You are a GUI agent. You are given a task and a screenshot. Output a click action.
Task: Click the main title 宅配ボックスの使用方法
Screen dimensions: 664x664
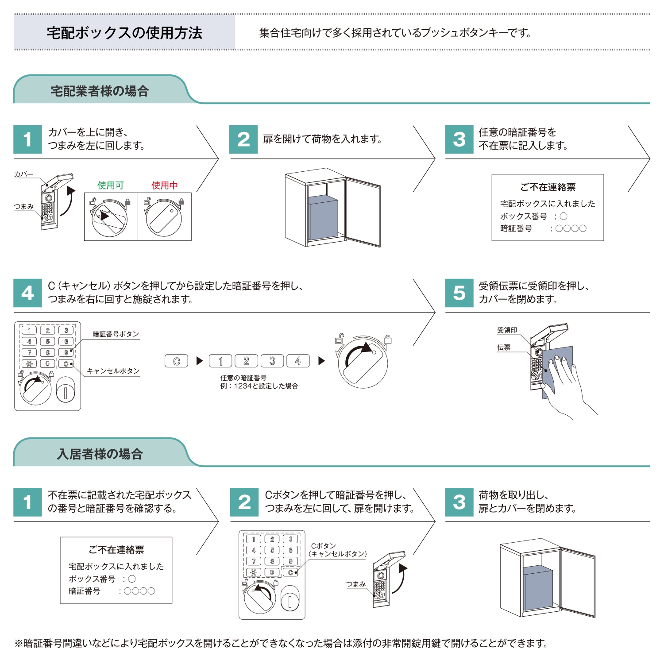tap(124, 33)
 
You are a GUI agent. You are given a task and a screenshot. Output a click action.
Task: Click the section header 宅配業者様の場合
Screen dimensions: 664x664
tap(100, 91)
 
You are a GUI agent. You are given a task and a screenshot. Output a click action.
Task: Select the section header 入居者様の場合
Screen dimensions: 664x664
tap(100, 454)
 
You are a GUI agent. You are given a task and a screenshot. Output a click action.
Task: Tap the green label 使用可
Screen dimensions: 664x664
tap(110, 185)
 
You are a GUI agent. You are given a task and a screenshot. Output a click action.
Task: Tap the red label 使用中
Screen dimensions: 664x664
tap(164, 185)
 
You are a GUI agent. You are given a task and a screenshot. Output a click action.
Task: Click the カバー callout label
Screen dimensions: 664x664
tap(23, 174)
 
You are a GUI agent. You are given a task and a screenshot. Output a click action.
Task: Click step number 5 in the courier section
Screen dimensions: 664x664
tap(459, 293)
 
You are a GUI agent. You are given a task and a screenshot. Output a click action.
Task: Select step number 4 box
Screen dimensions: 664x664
tap(27, 293)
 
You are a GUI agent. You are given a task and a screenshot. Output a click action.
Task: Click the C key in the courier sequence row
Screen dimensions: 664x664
tap(176, 361)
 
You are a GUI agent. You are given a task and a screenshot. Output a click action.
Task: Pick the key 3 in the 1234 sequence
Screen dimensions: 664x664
tap(272, 361)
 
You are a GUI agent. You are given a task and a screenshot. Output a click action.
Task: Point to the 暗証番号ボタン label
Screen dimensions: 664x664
tap(116, 334)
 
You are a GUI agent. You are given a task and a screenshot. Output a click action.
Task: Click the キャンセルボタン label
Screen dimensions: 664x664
tap(113, 371)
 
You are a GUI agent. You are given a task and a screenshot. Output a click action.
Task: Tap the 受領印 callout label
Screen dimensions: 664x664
tap(507, 330)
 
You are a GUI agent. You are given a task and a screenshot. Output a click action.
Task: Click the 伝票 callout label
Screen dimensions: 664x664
tap(503, 347)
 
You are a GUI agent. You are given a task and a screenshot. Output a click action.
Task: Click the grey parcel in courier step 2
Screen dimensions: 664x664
tap(323, 219)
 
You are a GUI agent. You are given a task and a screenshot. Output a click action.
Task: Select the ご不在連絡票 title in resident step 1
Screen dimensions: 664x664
tap(116, 550)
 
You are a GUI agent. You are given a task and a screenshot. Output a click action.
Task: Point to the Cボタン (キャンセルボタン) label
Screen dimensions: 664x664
tap(337, 550)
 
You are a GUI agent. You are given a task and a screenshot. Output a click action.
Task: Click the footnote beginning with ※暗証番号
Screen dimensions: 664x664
tap(281, 643)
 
